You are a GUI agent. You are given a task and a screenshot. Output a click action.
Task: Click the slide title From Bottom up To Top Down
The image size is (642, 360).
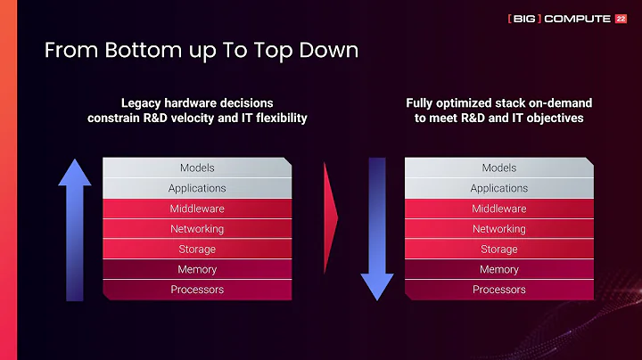pyautogui.click(x=202, y=50)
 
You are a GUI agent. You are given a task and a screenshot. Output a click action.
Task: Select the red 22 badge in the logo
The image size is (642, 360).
pyautogui.click(x=621, y=18)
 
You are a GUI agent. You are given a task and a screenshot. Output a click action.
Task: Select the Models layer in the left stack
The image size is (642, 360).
pyautogui.click(x=197, y=168)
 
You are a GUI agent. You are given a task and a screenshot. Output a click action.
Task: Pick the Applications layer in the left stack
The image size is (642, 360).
pyautogui.click(x=197, y=188)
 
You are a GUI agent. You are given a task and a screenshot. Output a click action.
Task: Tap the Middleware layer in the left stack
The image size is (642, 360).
pyautogui.click(x=197, y=209)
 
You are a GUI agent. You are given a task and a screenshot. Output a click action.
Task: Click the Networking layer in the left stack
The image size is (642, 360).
pyautogui.click(x=197, y=229)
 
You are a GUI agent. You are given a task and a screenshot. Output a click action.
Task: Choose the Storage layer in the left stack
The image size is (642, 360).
pyautogui.click(x=197, y=250)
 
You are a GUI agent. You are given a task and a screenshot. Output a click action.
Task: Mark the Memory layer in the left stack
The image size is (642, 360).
pyautogui.click(x=197, y=269)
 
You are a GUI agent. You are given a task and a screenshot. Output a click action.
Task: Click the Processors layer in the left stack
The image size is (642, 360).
pyautogui.click(x=197, y=290)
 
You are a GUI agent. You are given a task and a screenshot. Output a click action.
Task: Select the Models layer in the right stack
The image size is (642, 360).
pyautogui.click(x=499, y=168)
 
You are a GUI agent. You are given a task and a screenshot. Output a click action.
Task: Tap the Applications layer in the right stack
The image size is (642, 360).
pyautogui.click(x=499, y=188)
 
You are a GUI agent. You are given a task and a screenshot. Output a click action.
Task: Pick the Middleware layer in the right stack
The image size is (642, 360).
pyautogui.click(x=499, y=209)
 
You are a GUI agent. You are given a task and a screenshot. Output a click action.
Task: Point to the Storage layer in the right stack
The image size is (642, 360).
pyautogui.click(x=499, y=250)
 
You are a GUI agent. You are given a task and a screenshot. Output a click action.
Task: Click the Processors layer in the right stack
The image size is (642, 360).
pyautogui.click(x=499, y=290)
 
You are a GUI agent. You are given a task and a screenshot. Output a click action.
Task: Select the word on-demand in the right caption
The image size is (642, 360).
pyautogui.click(x=562, y=103)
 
